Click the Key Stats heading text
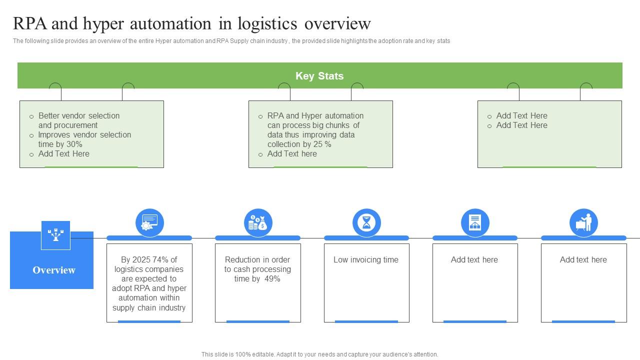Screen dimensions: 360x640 (x=319, y=76)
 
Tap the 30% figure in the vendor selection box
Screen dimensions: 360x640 (x=74, y=144)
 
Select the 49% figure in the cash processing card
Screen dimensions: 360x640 (x=272, y=278)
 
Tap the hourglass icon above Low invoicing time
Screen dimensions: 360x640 (x=366, y=222)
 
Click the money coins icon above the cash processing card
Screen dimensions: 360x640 (x=258, y=222)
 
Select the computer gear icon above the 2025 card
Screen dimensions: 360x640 (x=149, y=222)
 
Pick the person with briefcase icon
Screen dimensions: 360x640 (x=583, y=222)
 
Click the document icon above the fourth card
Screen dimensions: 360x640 (x=475, y=222)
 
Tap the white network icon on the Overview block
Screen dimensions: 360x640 (x=55, y=234)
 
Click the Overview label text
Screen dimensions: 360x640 (x=54, y=270)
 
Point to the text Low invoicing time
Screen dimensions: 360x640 (x=366, y=259)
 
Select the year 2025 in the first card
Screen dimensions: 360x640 (x=141, y=259)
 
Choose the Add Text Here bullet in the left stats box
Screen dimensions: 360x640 (x=64, y=153)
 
